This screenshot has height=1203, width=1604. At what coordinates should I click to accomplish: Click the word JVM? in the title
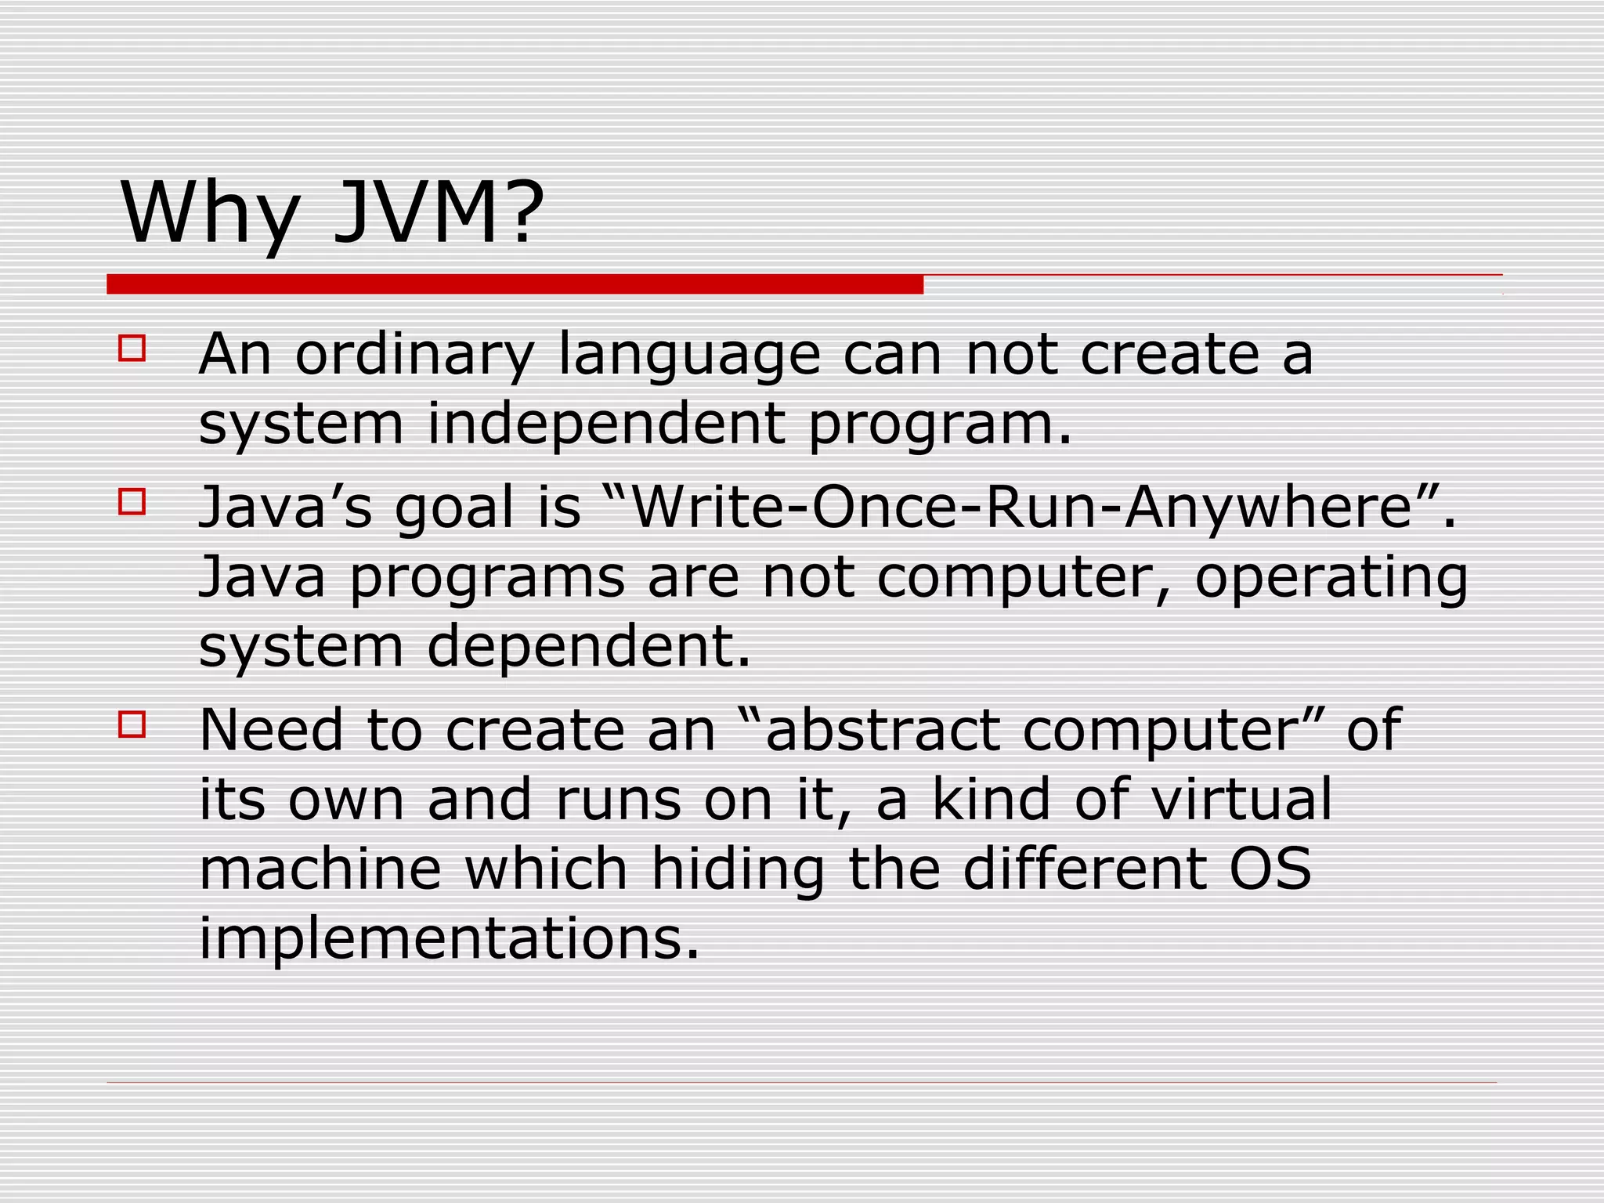[x=439, y=213]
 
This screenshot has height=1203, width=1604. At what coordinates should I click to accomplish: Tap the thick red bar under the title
[x=515, y=284]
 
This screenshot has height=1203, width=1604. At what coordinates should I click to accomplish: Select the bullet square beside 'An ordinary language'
[x=132, y=348]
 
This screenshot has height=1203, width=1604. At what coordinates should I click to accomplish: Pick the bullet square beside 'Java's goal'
[x=132, y=501]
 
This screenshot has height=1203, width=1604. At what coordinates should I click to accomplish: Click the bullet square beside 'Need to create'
[x=132, y=724]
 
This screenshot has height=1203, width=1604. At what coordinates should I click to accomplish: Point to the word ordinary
[x=414, y=356]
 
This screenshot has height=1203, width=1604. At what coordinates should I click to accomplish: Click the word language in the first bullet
[x=689, y=356]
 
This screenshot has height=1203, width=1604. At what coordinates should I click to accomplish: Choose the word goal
[x=453, y=509]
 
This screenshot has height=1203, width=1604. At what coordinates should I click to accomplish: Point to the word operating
[x=1331, y=579]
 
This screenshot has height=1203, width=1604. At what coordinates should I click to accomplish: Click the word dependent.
[x=588, y=646]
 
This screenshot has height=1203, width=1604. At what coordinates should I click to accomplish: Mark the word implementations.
[x=448, y=939]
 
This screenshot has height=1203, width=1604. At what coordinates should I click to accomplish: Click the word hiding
[x=738, y=870]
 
